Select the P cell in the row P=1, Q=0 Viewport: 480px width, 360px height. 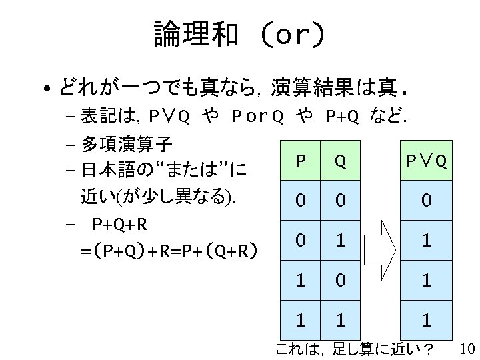click(x=301, y=281)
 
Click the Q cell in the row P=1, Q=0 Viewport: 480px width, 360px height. click(x=340, y=281)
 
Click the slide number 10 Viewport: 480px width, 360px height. click(x=467, y=349)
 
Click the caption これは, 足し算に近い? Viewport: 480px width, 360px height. click(x=354, y=349)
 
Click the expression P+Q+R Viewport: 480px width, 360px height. click(x=120, y=223)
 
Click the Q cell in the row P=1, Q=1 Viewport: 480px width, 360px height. click(x=340, y=321)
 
